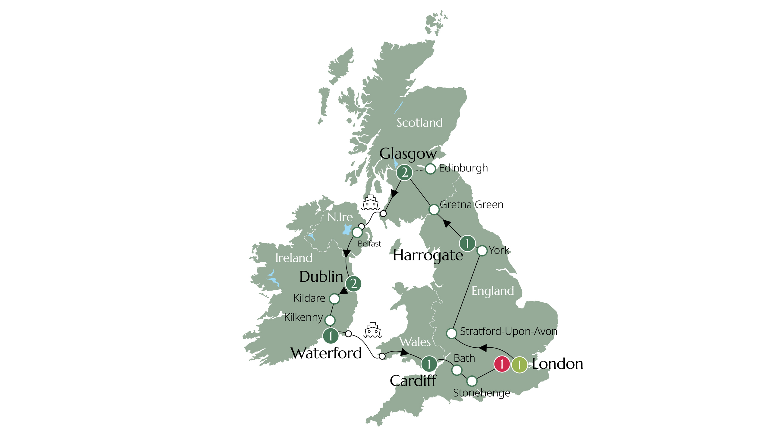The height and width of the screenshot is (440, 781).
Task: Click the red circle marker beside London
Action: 502,364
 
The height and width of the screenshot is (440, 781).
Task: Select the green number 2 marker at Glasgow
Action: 404,173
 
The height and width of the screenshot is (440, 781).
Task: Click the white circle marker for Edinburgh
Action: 430,169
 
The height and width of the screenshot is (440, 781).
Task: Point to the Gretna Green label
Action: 472,205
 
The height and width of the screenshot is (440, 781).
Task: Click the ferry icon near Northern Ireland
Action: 371,202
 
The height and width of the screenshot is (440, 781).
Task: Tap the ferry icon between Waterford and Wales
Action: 373,330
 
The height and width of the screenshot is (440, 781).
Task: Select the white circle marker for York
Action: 482,251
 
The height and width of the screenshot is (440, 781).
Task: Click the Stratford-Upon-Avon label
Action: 508,331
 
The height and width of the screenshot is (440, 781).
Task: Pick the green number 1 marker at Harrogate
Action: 467,243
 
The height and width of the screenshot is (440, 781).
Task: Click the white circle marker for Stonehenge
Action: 472,381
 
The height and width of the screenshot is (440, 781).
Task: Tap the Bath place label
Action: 464,358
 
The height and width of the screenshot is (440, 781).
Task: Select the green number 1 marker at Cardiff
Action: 429,363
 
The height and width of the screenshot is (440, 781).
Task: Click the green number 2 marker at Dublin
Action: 353,284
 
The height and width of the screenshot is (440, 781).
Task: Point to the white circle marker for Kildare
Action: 334,298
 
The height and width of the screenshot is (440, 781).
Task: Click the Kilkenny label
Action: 303,317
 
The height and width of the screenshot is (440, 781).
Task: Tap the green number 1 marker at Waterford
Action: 331,336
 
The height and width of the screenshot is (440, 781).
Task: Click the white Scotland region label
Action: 420,123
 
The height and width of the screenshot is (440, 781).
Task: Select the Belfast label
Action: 369,244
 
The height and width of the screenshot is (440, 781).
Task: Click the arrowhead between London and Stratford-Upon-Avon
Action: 483,347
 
